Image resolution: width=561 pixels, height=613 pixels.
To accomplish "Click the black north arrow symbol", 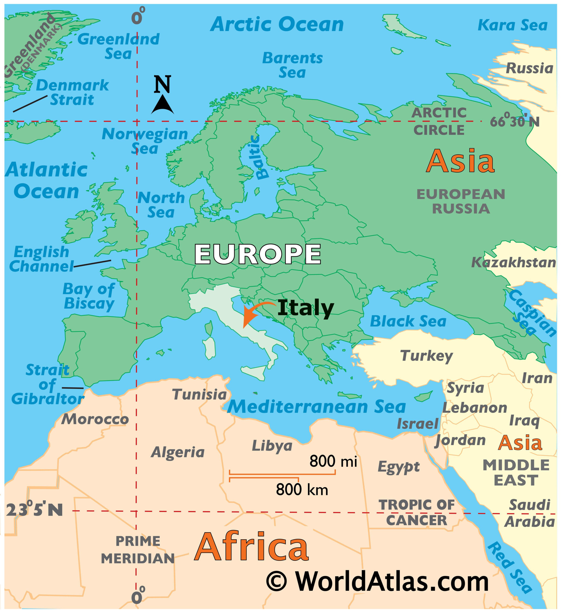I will pos(163,105).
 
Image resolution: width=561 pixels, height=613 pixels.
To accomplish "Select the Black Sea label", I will pos(408,321).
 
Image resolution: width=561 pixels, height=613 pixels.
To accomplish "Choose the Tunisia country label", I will pos(199,395).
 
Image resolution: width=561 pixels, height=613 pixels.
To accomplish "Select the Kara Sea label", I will pos(513,25).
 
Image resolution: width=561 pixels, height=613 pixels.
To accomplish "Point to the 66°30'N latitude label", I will pos(515,122).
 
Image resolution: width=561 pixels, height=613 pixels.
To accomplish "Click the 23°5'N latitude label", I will pos(34,510).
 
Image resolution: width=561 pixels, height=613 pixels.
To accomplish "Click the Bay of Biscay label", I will pos(89,296).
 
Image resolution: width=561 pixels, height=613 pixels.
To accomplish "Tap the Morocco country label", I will pos(95,420).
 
